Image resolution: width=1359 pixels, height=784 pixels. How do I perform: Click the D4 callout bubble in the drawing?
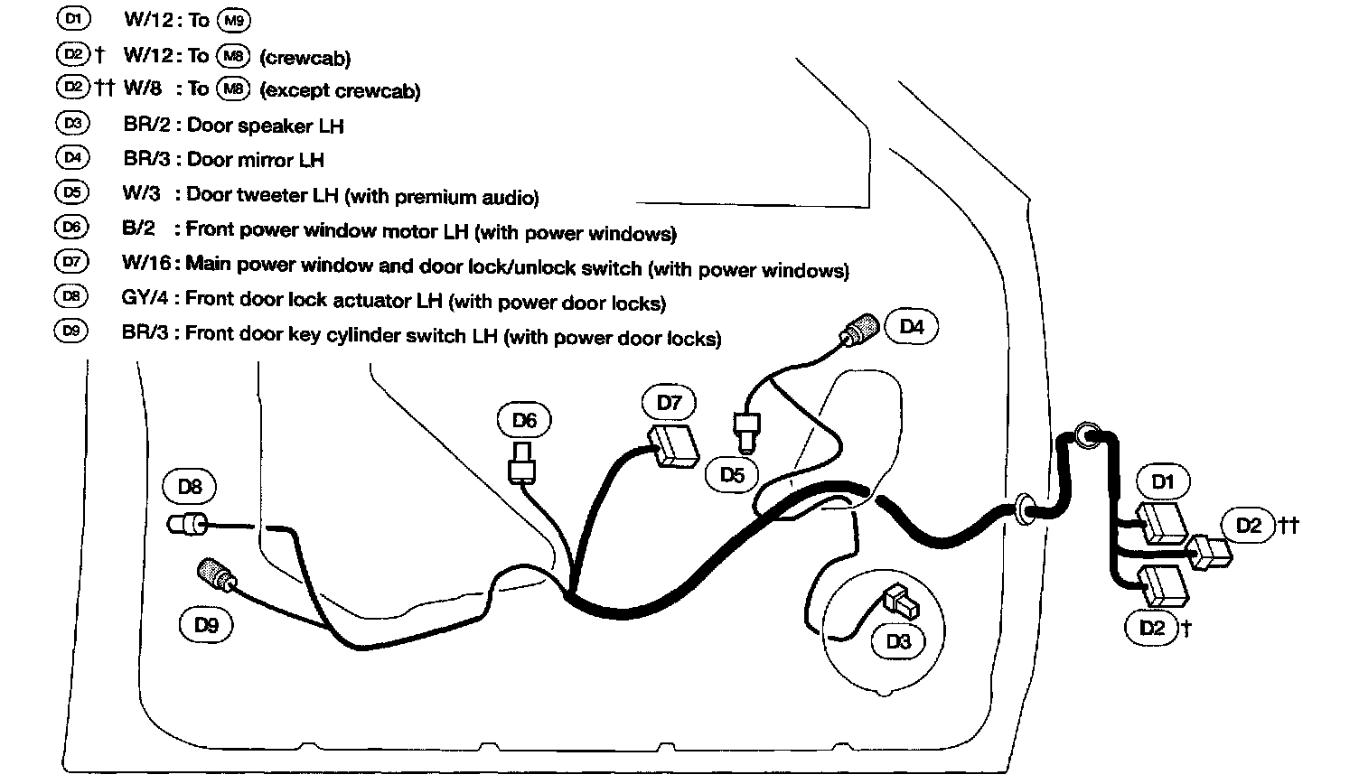click(912, 327)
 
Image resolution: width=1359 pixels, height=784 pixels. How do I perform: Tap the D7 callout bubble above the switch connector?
click(669, 403)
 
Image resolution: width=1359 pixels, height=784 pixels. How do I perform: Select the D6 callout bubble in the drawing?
click(524, 420)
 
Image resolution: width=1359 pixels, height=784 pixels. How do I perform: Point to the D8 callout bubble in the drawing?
click(189, 488)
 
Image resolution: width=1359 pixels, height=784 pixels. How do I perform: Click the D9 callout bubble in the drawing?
click(206, 625)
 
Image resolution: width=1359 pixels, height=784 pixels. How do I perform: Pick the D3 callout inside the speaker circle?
click(898, 641)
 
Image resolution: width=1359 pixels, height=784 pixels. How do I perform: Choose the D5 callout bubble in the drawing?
click(732, 474)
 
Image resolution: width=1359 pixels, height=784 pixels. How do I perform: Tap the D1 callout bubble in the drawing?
click(1163, 481)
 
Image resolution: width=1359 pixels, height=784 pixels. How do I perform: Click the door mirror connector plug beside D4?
click(859, 329)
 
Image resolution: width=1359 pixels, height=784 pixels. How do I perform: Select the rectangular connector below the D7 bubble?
click(674, 446)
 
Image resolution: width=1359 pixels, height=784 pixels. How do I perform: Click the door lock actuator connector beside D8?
click(187, 524)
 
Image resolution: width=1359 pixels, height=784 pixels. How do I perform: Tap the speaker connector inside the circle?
click(900, 599)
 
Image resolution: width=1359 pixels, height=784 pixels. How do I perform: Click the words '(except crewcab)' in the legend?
click(339, 90)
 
